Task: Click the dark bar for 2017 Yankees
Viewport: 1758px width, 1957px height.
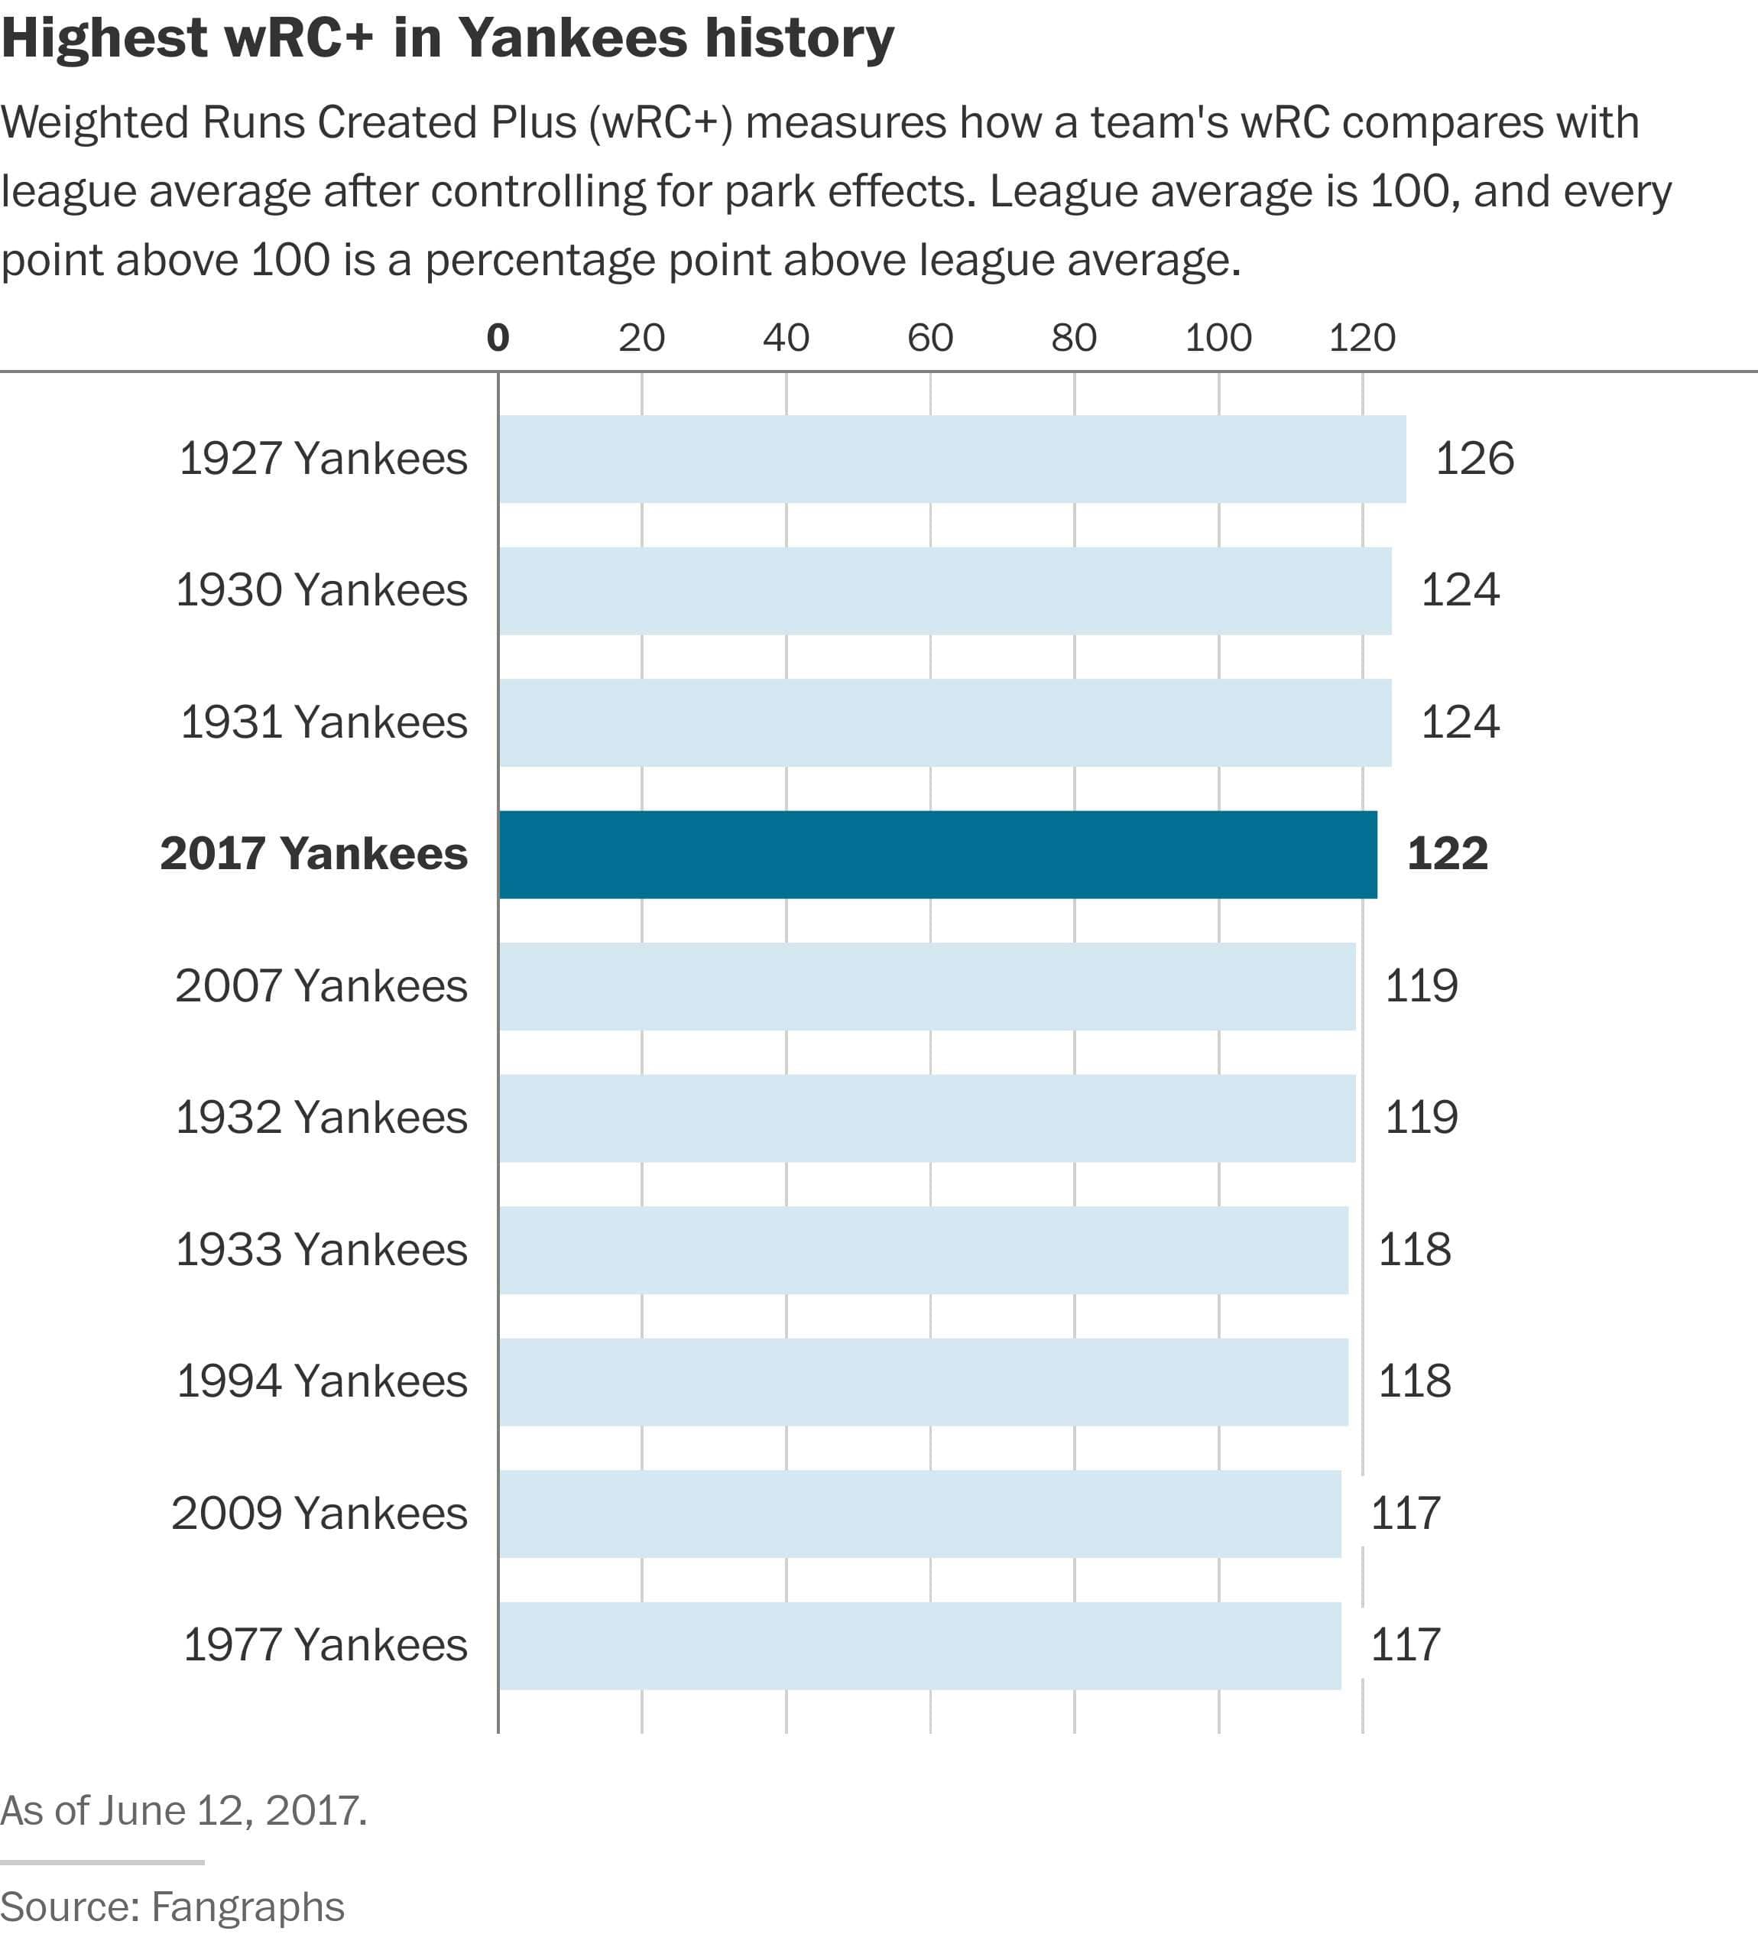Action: [x=937, y=855]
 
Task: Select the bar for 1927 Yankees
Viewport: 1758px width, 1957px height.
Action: [x=952, y=459]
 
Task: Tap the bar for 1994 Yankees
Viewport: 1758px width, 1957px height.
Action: [x=923, y=1381]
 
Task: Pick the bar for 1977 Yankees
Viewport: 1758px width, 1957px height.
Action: [x=920, y=1646]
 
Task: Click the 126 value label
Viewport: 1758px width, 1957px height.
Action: [x=1474, y=459]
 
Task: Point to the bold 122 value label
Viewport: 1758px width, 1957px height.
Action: [x=1447, y=855]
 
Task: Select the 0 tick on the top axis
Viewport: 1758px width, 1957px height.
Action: [x=498, y=337]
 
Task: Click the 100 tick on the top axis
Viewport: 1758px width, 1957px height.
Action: [x=1218, y=337]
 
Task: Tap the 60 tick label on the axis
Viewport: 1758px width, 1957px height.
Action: [x=930, y=337]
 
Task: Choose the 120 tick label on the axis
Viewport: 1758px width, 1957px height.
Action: [x=1362, y=337]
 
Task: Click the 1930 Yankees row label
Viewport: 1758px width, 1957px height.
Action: [x=322, y=590]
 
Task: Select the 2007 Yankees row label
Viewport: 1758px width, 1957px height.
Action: [x=322, y=986]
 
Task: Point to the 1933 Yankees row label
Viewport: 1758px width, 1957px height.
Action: [x=322, y=1250]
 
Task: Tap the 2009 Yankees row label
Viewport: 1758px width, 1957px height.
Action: [x=319, y=1514]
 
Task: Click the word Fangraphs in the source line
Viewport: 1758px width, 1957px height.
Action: [x=248, y=1908]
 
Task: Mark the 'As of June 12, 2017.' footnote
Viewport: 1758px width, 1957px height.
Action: [x=183, y=1810]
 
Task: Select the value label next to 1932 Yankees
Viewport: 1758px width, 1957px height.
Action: [x=1421, y=1118]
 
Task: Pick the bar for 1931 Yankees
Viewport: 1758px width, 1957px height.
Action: [x=945, y=722]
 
